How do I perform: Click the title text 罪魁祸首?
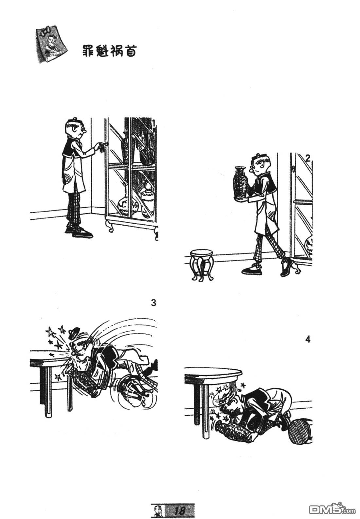tap(110, 51)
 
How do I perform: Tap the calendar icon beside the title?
tap(52, 44)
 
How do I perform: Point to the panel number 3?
tap(153, 303)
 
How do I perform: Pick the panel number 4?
tap(308, 340)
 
